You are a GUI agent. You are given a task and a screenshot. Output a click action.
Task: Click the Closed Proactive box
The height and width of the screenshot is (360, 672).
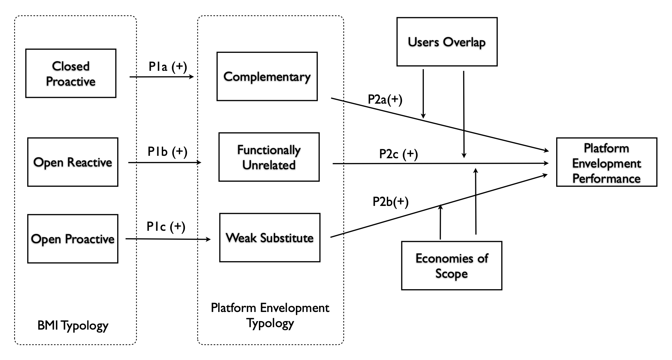pos(71,73)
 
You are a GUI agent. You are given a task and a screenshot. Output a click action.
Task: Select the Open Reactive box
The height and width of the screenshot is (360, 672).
pos(73,162)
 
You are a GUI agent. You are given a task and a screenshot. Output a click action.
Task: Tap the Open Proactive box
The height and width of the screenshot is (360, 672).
pos(73,239)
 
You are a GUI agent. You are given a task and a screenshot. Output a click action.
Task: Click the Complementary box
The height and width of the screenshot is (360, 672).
pos(267,76)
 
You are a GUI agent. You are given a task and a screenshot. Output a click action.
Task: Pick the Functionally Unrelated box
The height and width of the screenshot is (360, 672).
pos(269,157)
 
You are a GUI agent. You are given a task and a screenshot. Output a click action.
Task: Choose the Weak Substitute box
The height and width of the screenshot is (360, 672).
pos(270,237)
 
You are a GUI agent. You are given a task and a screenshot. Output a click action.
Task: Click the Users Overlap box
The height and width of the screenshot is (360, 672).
pos(447,42)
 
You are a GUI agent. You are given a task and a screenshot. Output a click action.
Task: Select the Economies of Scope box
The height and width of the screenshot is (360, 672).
pos(451,265)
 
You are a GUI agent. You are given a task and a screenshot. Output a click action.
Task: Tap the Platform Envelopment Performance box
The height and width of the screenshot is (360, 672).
pos(606,162)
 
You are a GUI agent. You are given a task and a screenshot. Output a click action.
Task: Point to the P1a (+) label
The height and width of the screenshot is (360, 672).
pos(168,66)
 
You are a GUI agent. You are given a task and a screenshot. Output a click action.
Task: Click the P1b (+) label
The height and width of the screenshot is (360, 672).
pos(167,151)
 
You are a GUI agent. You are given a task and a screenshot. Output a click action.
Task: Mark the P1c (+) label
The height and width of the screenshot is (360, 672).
pos(166,226)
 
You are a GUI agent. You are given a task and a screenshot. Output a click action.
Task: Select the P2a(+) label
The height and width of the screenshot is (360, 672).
pos(385,100)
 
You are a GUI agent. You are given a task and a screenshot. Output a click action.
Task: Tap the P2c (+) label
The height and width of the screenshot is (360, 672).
pos(398,154)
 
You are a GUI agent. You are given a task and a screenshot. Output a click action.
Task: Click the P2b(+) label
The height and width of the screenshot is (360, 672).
pos(390,201)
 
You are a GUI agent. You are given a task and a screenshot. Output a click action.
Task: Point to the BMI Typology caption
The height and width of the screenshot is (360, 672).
pos(73,325)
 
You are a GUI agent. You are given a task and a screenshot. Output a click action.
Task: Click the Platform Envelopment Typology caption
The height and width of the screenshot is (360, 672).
pos(270,315)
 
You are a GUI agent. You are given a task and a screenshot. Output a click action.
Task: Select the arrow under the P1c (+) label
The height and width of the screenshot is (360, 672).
pos(168,239)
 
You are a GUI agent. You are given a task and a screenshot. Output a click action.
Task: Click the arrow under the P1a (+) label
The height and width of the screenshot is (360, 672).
pos(161,77)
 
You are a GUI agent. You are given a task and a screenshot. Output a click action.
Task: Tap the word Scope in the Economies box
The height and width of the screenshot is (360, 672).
pos(451,274)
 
